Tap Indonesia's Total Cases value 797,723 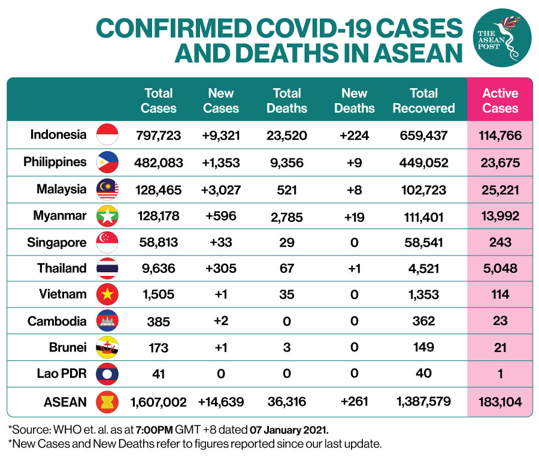pyautogui.click(x=158, y=136)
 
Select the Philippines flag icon pyautogui.click(x=108, y=163)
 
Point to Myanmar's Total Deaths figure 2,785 pyautogui.click(x=287, y=216)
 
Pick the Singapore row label pyautogui.click(x=57, y=242)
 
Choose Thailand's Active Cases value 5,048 pyautogui.click(x=500, y=268)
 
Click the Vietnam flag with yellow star pyautogui.click(x=108, y=294)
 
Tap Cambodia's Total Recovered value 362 pyautogui.click(x=423, y=321)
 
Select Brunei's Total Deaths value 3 pyautogui.click(x=287, y=347)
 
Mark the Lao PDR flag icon pyautogui.click(x=108, y=374)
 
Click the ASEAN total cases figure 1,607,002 pyautogui.click(x=158, y=401)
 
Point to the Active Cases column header pyautogui.click(x=500, y=101)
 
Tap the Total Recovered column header pyautogui.click(x=423, y=101)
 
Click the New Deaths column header pyautogui.click(x=354, y=101)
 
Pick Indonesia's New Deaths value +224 pyautogui.click(x=354, y=136)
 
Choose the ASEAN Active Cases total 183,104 pyautogui.click(x=500, y=401)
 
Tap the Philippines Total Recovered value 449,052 pyautogui.click(x=423, y=163)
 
